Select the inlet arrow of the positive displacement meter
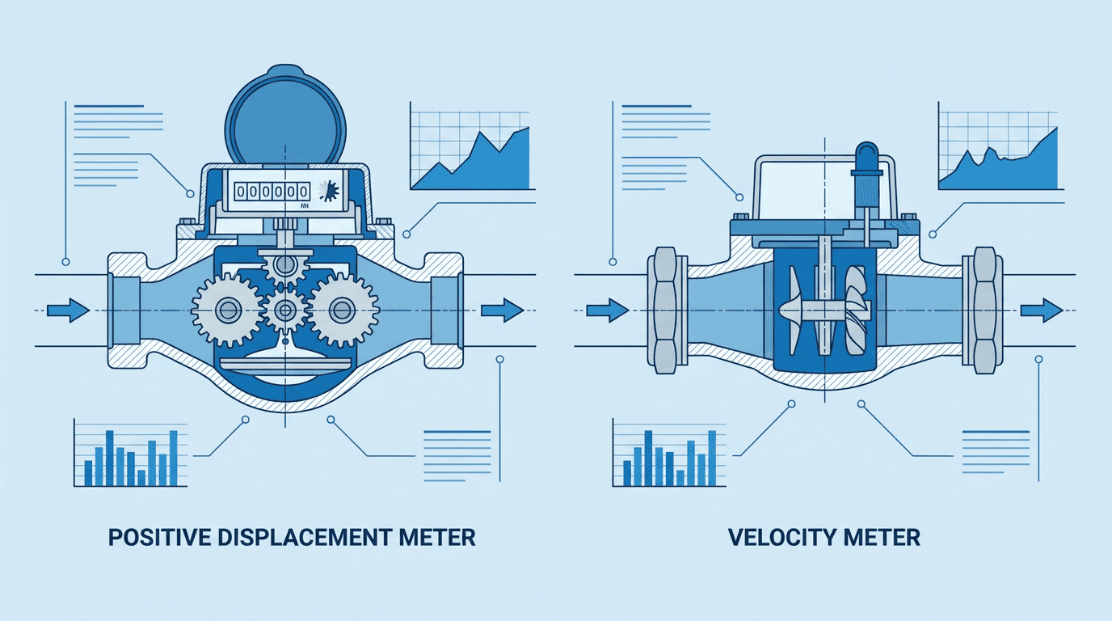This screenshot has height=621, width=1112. [69, 310]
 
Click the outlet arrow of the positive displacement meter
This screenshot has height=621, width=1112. [503, 310]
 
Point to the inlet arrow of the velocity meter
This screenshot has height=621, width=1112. [608, 310]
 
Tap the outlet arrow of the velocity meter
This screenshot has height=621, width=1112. [1042, 310]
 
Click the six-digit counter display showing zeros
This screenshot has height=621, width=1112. [272, 192]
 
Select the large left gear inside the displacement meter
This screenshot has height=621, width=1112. [228, 310]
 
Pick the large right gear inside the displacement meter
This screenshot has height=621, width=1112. [343, 310]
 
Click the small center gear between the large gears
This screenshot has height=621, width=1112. [285, 310]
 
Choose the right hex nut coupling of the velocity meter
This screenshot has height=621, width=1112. [984, 310]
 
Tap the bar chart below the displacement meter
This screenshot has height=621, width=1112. [131, 453]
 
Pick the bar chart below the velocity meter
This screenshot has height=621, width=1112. [669, 453]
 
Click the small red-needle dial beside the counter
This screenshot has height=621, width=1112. [329, 192]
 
